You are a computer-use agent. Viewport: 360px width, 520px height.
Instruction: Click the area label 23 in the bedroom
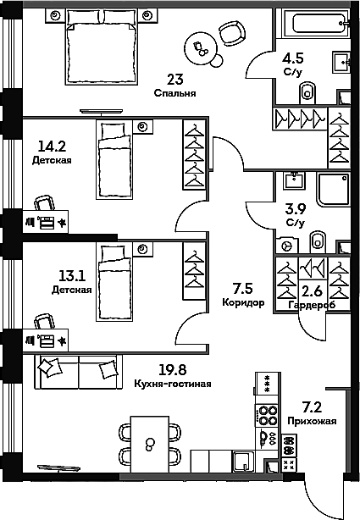coord(175,80)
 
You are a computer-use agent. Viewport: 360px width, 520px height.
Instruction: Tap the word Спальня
coord(174,93)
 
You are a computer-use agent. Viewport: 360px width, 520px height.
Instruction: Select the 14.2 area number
coord(52,146)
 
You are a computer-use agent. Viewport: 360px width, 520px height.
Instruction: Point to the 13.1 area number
coord(72,275)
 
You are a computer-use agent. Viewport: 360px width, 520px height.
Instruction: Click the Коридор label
coord(243,302)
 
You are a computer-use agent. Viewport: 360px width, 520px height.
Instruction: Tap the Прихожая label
coord(312,421)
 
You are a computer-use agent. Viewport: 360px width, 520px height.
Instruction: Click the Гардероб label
coord(312,304)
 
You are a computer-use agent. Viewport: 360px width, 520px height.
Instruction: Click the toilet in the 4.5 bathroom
coord(308,93)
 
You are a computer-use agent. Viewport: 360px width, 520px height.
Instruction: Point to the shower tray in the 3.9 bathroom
coord(333,189)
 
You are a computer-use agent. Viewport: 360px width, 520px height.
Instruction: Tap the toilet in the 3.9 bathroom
coord(318,241)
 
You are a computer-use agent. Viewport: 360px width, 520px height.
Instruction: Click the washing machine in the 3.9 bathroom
coord(286,246)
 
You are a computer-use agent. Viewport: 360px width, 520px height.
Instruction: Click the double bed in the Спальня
coord(102,47)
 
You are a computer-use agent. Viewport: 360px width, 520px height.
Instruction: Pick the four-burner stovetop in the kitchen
coord(267,415)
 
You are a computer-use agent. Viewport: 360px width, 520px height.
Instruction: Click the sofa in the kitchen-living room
coord(78,372)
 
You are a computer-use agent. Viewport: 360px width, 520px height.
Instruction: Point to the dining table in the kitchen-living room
coord(150,444)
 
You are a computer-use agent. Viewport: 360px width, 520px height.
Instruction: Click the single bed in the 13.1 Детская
coord(114,282)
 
